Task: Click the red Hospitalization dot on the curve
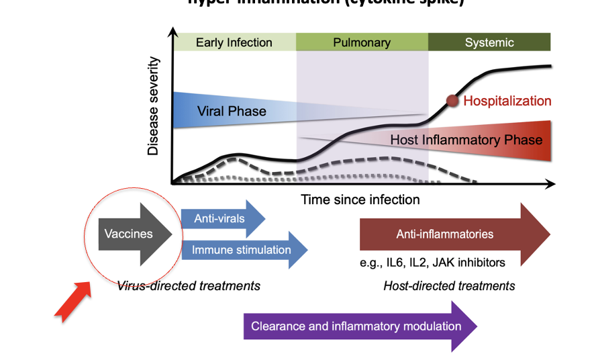453,101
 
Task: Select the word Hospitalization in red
507,101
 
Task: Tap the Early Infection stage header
234,42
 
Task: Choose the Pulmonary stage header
362,42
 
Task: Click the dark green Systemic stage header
489,42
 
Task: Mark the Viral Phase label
232,111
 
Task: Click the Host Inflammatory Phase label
466,140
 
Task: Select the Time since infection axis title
360,199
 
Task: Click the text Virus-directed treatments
189,285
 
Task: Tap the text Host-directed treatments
449,285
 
